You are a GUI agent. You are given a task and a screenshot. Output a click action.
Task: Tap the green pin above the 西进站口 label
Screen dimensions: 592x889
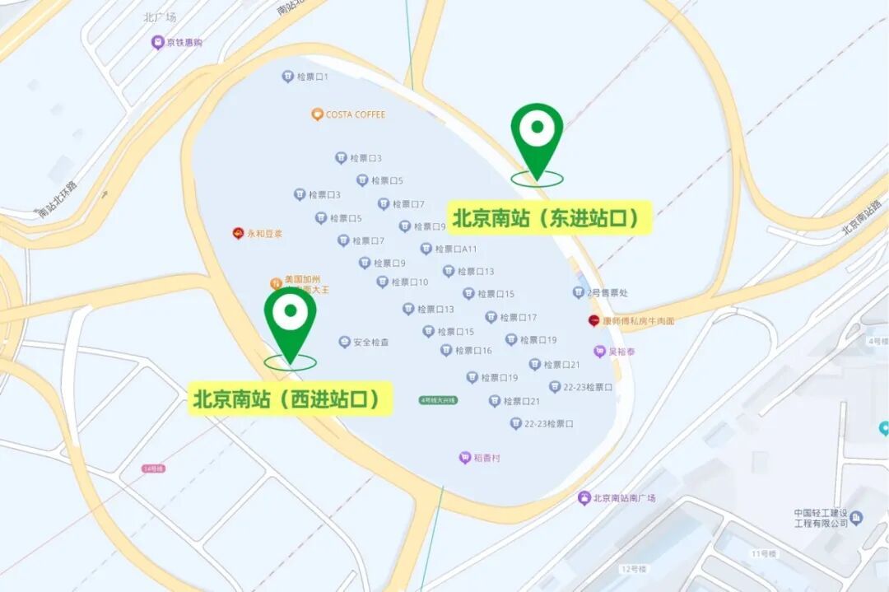click(x=290, y=317)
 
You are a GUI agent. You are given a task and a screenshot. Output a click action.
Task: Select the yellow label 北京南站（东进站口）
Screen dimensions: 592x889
click(x=547, y=218)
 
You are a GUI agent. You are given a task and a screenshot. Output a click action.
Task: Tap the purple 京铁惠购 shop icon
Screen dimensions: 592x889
click(x=157, y=42)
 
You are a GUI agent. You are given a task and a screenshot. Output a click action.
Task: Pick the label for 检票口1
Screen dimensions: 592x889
click(x=312, y=77)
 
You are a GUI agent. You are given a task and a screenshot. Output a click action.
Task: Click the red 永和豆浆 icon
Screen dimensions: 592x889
click(x=238, y=233)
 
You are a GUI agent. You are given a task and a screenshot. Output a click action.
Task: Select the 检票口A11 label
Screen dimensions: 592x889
click(x=455, y=249)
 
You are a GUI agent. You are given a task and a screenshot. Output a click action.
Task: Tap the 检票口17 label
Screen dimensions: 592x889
click(x=518, y=317)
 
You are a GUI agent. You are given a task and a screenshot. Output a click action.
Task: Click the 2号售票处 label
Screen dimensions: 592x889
click(x=607, y=292)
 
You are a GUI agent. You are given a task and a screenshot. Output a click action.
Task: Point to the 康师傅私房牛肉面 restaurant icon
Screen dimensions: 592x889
click(x=594, y=320)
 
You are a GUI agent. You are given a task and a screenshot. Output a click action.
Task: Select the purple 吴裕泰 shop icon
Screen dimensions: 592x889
click(x=600, y=352)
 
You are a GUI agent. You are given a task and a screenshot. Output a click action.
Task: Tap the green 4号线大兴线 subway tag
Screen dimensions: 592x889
click(x=438, y=400)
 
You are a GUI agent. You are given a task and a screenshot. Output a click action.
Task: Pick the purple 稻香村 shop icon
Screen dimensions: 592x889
click(x=464, y=458)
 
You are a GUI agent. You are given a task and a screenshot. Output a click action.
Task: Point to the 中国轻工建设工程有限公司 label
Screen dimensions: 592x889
click(x=821, y=517)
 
